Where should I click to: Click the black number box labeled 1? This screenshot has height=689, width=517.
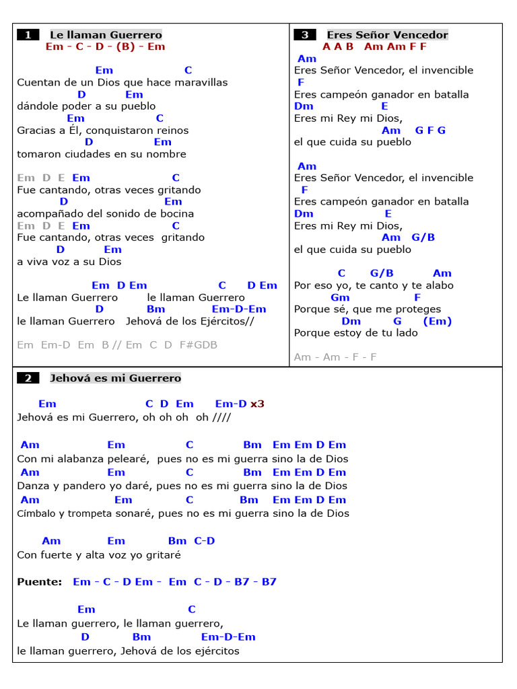[x=28, y=35]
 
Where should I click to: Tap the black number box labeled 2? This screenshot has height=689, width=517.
[x=28, y=378]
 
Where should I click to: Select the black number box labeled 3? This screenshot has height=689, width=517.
[x=305, y=35]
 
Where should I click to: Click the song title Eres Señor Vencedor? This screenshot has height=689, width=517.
[x=387, y=35]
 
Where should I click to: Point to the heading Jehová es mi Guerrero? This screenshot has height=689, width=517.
[x=115, y=378]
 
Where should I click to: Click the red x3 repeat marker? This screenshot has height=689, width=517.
[x=257, y=404]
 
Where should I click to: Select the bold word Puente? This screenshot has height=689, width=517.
[x=38, y=582]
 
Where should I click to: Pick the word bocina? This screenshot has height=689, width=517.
[x=177, y=213]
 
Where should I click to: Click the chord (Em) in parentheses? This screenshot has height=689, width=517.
[x=438, y=321]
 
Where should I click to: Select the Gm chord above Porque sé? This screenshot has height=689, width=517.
[x=340, y=297]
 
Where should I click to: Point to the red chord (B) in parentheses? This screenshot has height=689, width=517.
[x=125, y=46]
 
